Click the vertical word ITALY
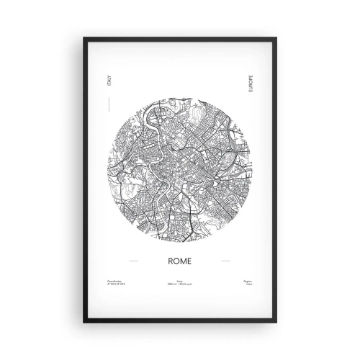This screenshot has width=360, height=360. pyautogui.click(x=109, y=86)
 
